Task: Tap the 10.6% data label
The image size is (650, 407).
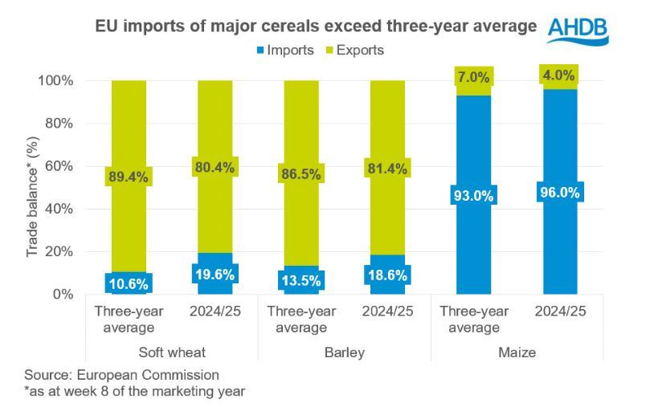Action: coord(127,283)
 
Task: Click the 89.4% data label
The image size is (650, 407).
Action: coord(127,177)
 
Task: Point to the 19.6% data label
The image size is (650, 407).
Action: coord(213,273)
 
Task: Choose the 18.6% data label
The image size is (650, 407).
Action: coord(386,275)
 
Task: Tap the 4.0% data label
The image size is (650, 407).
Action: coord(558,77)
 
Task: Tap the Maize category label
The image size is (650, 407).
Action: coord(515,351)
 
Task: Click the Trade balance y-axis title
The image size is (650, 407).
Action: coord(33,188)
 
